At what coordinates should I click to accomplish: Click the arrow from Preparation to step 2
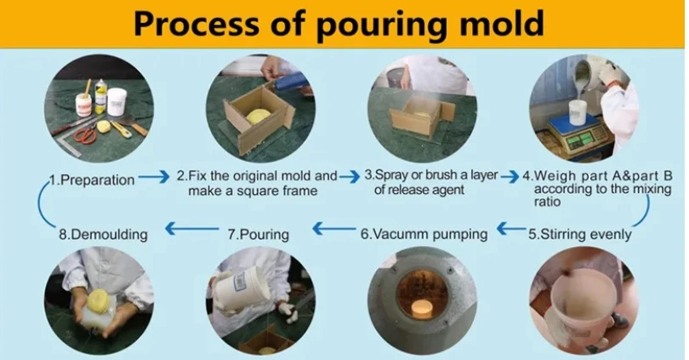click(154, 177)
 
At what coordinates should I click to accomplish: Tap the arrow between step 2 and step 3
click(350, 177)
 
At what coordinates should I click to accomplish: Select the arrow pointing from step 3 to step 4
click(510, 177)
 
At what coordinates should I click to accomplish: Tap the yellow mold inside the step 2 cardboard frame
click(256, 116)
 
